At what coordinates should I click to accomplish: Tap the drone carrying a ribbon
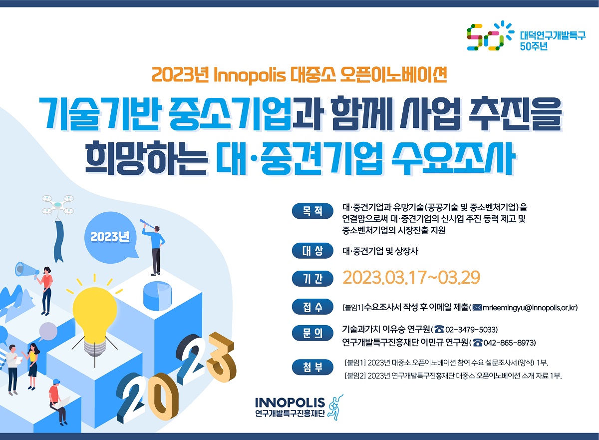[x=58, y=205]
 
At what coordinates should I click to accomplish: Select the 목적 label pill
[x=312, y=211]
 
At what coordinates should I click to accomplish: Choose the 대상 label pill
[x=312, y=251]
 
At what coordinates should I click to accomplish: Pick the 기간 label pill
[x=312, y=279]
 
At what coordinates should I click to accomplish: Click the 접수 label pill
[x=312, y=307]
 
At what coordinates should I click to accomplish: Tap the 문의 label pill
[x=312, y=334]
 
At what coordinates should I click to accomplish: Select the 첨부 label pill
[x=312, y=367]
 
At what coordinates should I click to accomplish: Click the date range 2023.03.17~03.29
[x=411, y=277]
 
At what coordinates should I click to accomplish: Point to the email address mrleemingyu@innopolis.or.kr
[x=530, y=307]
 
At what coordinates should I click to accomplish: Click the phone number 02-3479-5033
[x=471, y=330]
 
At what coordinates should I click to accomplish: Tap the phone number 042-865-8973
[x=509, y=343]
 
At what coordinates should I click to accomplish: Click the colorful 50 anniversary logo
[x=490, y=36]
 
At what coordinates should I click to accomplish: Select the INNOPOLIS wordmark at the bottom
[x=290, y=403]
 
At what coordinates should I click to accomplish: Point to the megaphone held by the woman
[x=26, y=270]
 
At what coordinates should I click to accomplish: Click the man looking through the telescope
[x=154, y=248]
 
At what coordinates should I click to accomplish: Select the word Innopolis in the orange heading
[x=250, y=75]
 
